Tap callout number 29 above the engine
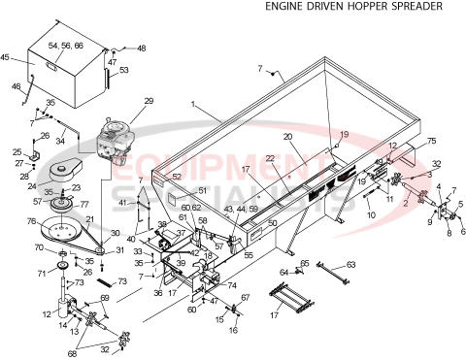click(x=149, y=101)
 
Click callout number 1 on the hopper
click(x=193, y=103)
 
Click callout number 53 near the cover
click(x=123, y=70)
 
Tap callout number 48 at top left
click(x=142, y=48)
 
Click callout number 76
click(x=32, y=220)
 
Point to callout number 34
click(x=60, y=141)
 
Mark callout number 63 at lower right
click(x=351, y=264)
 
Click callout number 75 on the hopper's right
click(x=431, y=140)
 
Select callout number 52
click(x=177, y=177)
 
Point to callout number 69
click(x=104, y=298)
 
